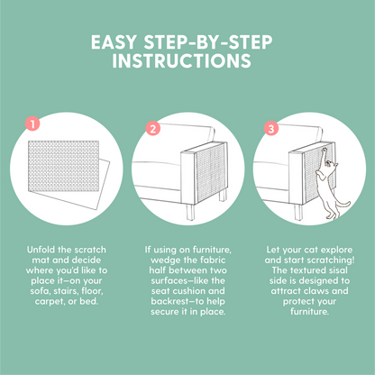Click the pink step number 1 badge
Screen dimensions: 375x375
click(x=32, y=123)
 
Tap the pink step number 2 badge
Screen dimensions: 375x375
click(x=153, y=129)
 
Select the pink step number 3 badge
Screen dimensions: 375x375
click(x=271, y=129)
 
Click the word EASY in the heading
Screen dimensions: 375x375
click(x=114, y=42)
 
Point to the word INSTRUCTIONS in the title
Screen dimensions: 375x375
click(x=181, y=60)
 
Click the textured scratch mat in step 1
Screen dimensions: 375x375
click(x=63, y=166)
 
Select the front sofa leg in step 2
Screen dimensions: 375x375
click(x=190, y=212)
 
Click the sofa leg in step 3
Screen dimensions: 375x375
click(x=298, y=212)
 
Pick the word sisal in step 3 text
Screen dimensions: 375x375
click(x=338, y=270)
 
